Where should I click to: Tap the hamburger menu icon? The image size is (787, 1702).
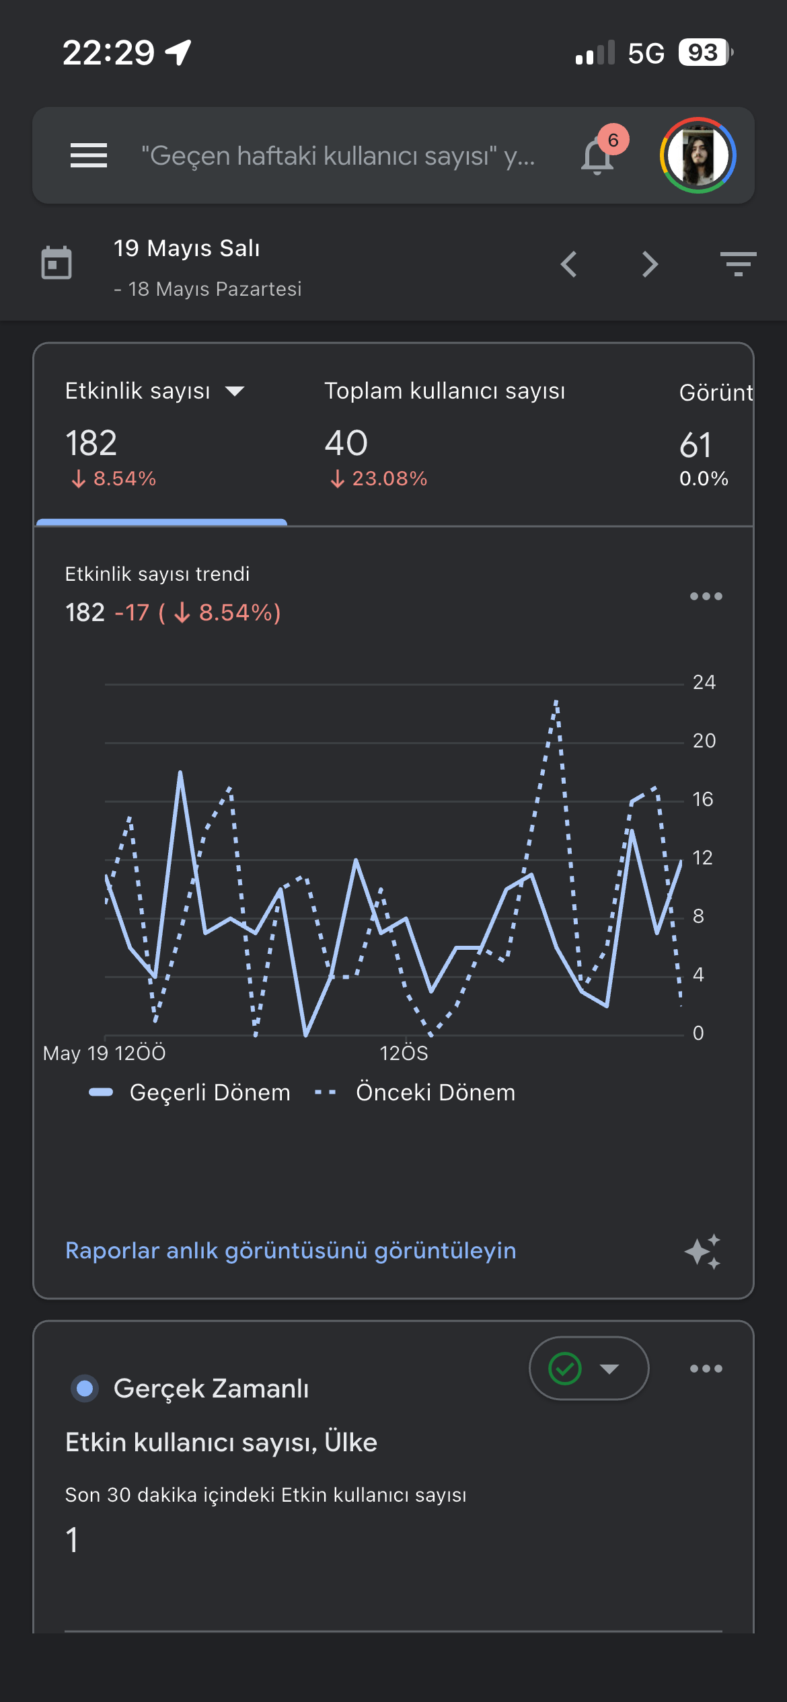89,155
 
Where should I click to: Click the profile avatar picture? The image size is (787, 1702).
698,155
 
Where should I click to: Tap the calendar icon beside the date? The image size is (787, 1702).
57,263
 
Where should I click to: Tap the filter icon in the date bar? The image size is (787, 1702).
738,264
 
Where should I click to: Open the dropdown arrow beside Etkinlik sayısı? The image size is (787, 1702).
235,391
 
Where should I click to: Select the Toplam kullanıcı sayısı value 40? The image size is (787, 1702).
346,443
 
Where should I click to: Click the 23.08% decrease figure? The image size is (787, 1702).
379,479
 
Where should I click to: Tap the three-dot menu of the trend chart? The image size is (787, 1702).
706,596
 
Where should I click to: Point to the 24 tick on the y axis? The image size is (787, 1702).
704,682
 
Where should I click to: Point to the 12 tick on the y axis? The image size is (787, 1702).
703,858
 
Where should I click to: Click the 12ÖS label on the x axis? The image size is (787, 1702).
404,1053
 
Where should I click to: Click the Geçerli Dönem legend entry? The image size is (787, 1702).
190,1092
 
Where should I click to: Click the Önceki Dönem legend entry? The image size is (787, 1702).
415,1092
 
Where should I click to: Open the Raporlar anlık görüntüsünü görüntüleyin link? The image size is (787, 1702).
291,1251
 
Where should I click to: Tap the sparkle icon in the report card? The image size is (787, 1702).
703,1251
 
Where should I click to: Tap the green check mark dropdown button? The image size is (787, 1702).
589,1369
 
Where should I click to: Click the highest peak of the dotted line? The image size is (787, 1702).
556,701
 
